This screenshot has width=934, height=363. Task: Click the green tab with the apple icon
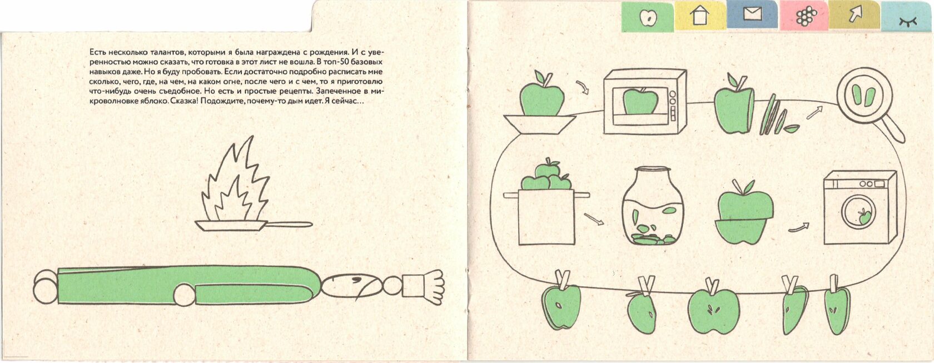point(648,17)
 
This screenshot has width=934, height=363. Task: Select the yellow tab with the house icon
point(700,16)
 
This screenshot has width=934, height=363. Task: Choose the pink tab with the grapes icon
point(804,16)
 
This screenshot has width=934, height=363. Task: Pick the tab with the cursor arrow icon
point(855,15)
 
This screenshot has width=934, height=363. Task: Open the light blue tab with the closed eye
point(907,17)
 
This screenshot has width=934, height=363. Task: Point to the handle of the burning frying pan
point(289,225)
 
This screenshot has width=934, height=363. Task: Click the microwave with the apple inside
point(645,102)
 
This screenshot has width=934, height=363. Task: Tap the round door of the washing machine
point(858,212)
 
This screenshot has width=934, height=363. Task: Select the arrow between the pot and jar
point(594,219)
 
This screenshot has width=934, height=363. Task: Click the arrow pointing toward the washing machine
point(798,227)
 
